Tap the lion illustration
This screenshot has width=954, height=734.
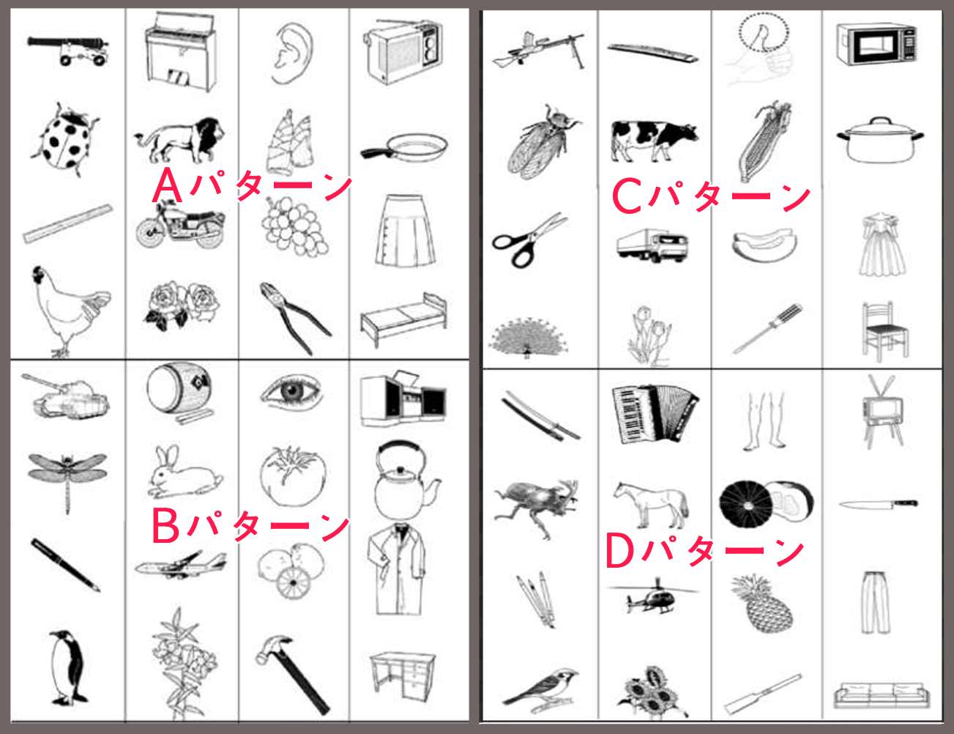(179, 139)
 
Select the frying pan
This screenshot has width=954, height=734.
(404, 148)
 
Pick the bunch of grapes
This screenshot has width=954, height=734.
(294, 226)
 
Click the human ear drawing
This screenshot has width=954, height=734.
(292, 53)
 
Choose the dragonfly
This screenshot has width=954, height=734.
(67, 480)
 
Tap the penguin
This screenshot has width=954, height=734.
(68, 667)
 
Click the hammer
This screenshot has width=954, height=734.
(291, 673)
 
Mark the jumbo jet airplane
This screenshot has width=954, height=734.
(181, 566)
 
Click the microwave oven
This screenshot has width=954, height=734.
(876, 45)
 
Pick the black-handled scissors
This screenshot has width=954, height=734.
(528, 240)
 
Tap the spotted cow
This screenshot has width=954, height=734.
(654, 141)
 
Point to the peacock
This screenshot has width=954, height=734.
(528, 336)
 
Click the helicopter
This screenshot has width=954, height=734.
(652, 597)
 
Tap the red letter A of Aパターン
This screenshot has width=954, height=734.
(167, 185)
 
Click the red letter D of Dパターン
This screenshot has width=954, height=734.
(619, 550)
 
